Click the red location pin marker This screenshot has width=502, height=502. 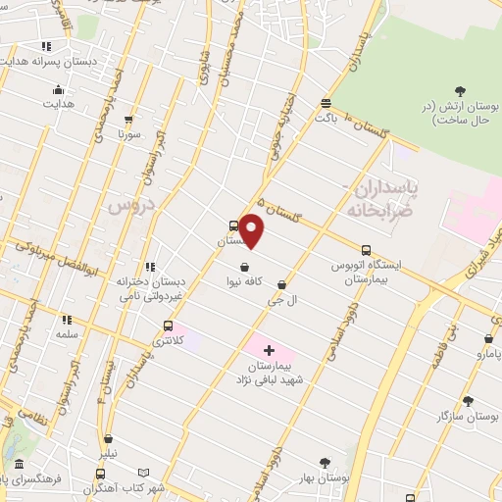[252, 230]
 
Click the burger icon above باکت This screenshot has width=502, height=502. [325, 102]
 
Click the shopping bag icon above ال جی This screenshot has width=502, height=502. [282, 284]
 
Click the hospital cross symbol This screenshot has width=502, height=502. [269, 350]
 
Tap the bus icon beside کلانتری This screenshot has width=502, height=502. [169, 326]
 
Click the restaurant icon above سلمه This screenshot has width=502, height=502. [67, 319]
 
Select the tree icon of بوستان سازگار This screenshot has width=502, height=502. [467, 400]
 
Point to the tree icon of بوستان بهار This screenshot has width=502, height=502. [325, 461]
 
